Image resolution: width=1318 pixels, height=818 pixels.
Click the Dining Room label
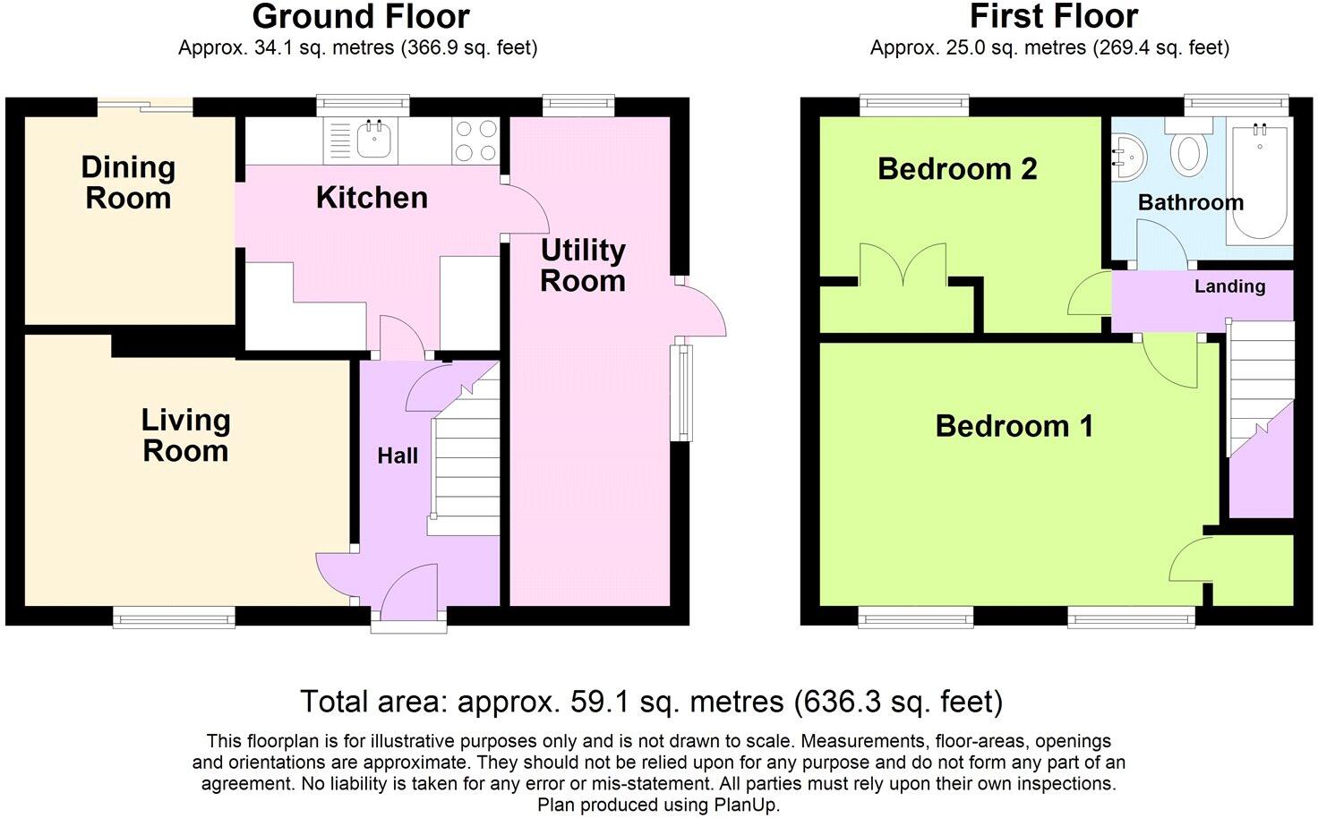coord(128,183)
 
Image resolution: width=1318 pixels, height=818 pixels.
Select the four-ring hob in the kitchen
coord(475,141)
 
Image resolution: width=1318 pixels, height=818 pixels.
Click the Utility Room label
coord(582,265)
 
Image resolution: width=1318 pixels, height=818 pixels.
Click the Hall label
coord(398,456)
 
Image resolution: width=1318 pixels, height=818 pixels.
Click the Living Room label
coord(185,435)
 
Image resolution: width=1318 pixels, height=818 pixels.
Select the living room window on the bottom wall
coord(174,616)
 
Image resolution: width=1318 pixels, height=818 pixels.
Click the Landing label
coord(1229,286)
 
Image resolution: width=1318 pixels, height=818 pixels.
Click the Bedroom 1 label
coord(1014,426)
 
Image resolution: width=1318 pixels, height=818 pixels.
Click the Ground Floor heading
coord(360,16)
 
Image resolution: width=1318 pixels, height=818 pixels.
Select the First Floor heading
coord(1054,16)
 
